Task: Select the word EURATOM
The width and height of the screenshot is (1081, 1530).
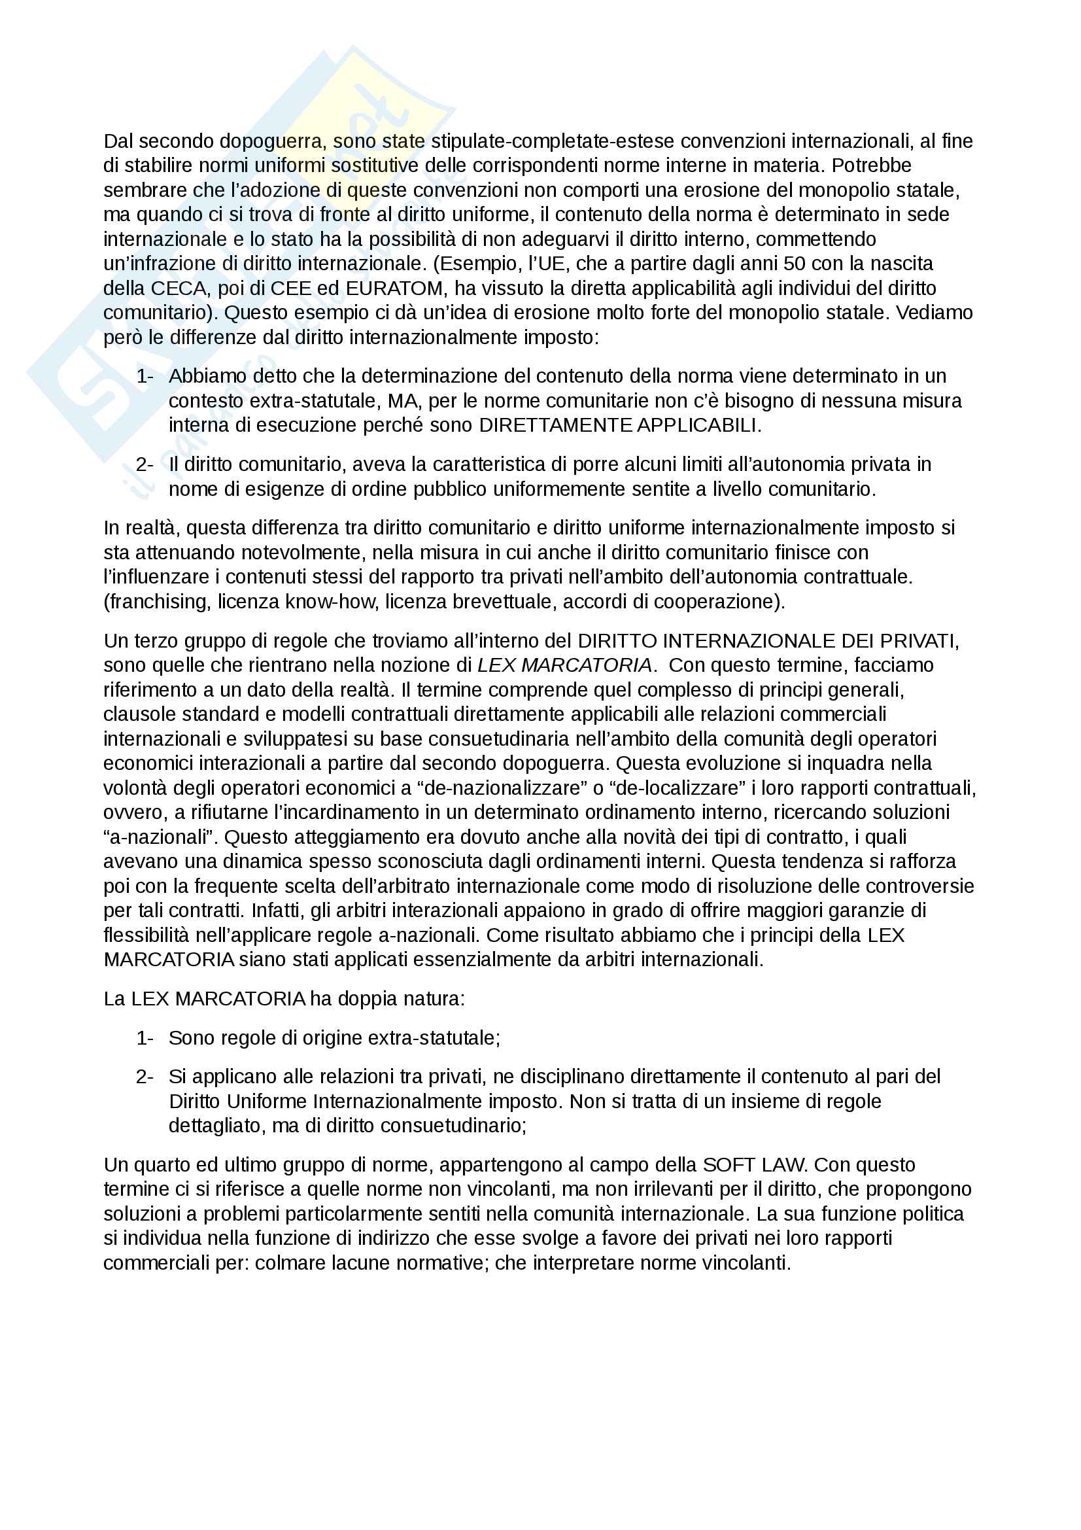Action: (x=394, y=288)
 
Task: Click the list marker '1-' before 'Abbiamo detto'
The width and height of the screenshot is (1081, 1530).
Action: (x=145, y=377)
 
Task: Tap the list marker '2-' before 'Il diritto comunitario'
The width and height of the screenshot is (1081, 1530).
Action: (x=145, y=464)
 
